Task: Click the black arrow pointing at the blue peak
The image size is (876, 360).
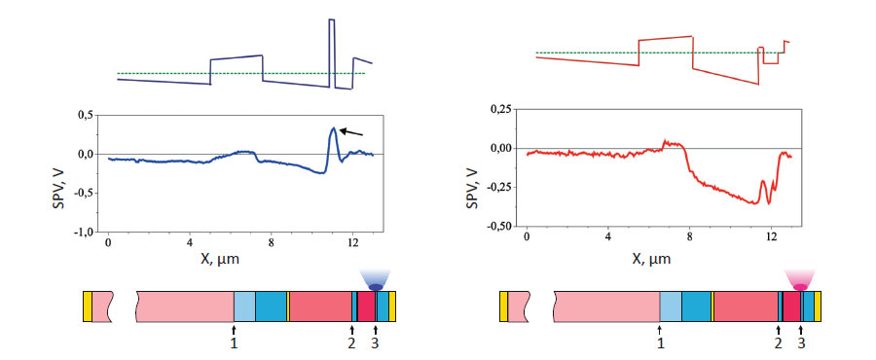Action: tap(351, 132)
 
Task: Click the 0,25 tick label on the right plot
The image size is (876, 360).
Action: tap(500, 109)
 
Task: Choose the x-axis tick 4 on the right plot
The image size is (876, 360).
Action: tap(608, 236)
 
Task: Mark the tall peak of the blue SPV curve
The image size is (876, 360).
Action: tap(333, 128)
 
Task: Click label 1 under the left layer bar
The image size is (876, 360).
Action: tap(234, 342)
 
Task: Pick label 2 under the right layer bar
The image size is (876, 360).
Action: tap(778, 342)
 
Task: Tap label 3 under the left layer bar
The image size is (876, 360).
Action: tap(375, 342)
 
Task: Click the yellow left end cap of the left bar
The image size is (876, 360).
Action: tap(87, 306)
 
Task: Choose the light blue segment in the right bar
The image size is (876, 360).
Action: tap(670, 306)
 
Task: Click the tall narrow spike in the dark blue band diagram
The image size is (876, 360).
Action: tap(332, 49)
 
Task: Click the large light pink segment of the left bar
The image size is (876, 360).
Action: tap(185, 306)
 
